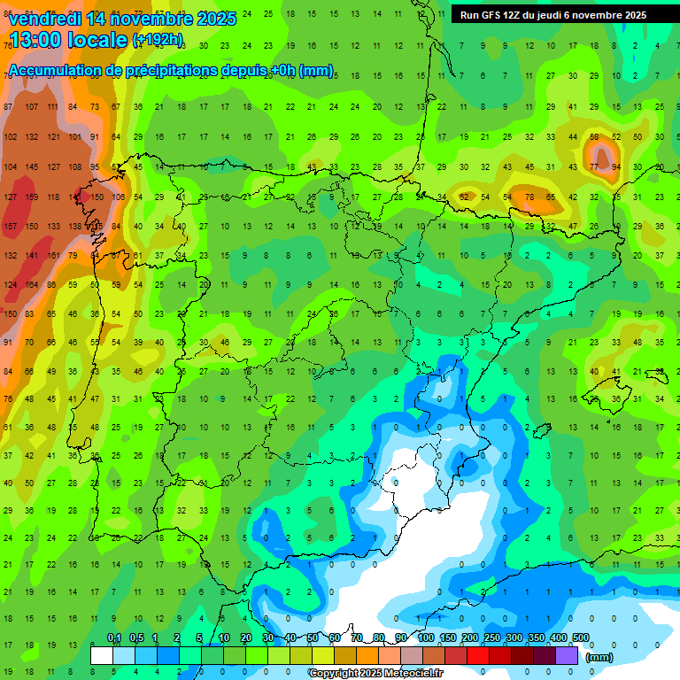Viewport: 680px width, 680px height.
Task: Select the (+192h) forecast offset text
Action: pos(158,39)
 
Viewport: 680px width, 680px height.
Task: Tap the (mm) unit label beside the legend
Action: pos(599,657)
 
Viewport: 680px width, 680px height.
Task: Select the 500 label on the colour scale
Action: pos(580,638)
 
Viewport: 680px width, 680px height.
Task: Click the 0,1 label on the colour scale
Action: pos(114,638)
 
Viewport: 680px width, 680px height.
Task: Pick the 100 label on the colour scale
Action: pos(425,638)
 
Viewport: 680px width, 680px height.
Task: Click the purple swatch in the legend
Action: pos(568,655)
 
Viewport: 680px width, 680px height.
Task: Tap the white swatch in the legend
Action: pos(102,655)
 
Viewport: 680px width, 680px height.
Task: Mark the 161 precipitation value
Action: pos(52,255)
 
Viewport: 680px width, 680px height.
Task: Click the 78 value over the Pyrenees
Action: pos(529,197)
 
